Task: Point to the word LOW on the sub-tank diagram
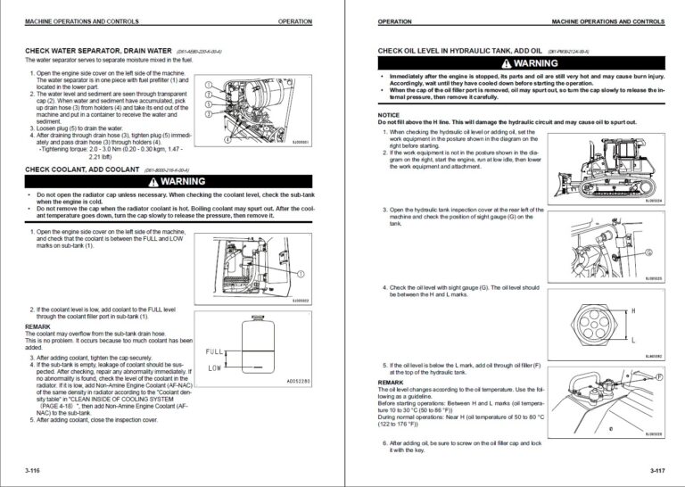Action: (214, 367)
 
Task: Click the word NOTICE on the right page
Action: (389, 115)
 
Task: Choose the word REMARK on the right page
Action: (391, 383)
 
